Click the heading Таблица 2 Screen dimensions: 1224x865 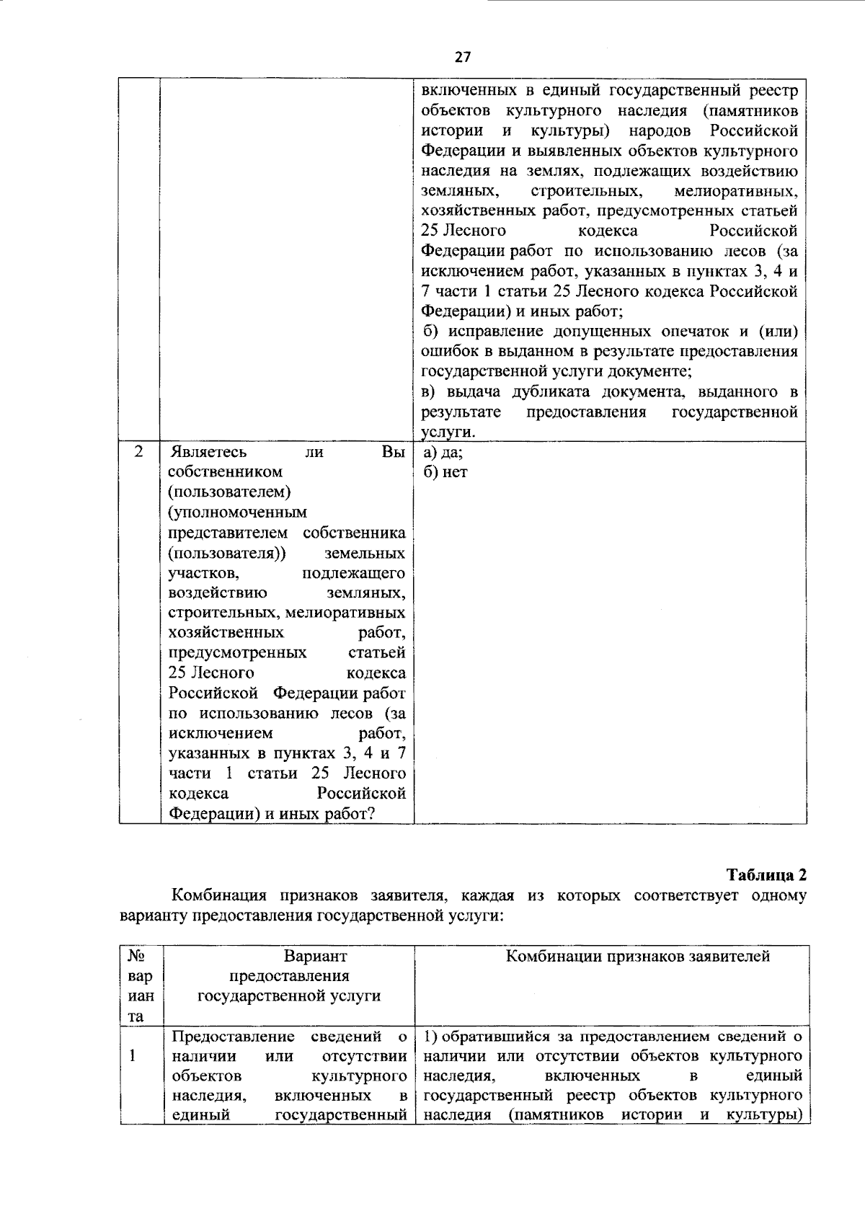click(x=766, y=875)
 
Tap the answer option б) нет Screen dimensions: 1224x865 click(x=445, y=473)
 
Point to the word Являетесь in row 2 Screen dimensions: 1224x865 click(x=207, y=452)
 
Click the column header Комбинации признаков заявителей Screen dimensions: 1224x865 click(x=637, y=956)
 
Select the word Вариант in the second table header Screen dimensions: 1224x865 click(x=315, y=956)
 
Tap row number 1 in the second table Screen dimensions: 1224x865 click(x=133, y=1056)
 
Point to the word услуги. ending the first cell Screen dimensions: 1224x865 click(x=448, y=433)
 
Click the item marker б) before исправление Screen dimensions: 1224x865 click(x=430, y=332)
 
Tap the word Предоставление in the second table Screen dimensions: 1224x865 click(x=233, y=1037)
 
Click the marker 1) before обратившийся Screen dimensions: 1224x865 click(x=430, y=1037)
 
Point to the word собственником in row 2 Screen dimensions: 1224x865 click(x=225, y=472)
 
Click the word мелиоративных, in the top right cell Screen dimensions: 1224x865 click(x=735, y=192)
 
